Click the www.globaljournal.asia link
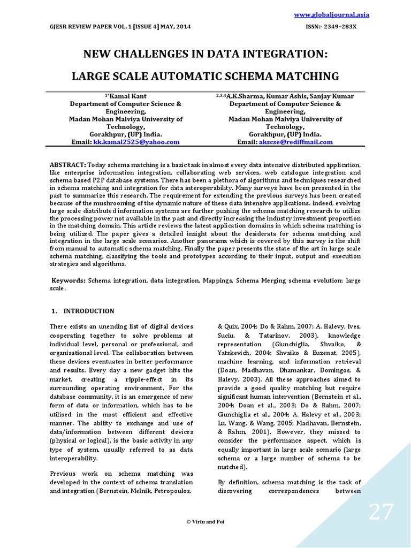click(332, 14)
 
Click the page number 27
click(381, 512)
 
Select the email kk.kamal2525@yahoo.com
click(136, 142)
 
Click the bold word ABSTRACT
click(68, 164)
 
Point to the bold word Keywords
click(68, 280)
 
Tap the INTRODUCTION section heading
click(89, 311)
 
